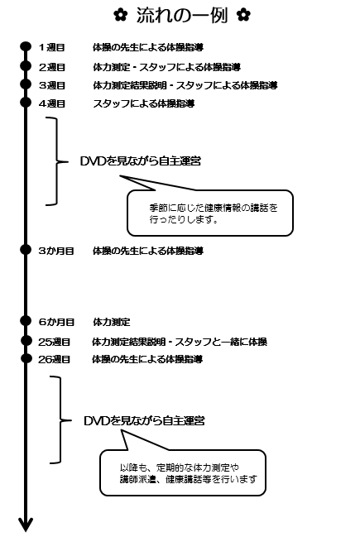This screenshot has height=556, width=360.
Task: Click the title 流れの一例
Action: pyautogui.click(x=181, y=16)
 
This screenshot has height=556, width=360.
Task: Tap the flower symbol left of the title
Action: pyautogui.click(x=121, y=15)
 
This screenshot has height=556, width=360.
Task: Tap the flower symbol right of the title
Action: pyautogui.click(x=243, y=15)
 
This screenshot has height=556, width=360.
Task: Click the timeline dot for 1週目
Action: pyautogui.click(x=26, y=47)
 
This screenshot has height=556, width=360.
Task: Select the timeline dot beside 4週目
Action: pyautogui.click(x=26, y=103)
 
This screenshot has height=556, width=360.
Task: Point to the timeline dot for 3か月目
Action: pyautogui.click(x=26, y=250)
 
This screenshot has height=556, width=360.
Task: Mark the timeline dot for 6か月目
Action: pyautogui.click(x=26, y=321)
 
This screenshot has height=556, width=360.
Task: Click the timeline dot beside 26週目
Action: pyautogui.click(x=26, y=358)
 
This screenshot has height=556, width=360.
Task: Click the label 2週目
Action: pyautogui.click(x=52, y=67)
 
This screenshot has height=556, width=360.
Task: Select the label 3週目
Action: pyautogui.click(x=52, y=85)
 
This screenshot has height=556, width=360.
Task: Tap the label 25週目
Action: pyautogui.click(x=54, y=342)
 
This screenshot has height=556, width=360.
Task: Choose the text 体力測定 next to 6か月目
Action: pyautogui.click(x=112, y=322)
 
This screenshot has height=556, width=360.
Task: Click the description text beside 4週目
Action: pyautogui.click(x=144, y=103)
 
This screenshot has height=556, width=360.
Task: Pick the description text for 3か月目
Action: pyautogui.click(x=148, y=251)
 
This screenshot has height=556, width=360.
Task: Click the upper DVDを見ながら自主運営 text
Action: pyautogui.click(x=141, y=161)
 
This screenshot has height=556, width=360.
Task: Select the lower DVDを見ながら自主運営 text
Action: pyautogui.click(x=144, y=421)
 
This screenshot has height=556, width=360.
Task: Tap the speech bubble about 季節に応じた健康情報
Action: pyautogui.click(x=210, y=213)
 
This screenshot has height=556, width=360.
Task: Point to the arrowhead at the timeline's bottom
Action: pyautogui.click(x=26, y=525)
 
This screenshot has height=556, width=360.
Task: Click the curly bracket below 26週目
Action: pyautogui.click(x=60, y=419)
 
